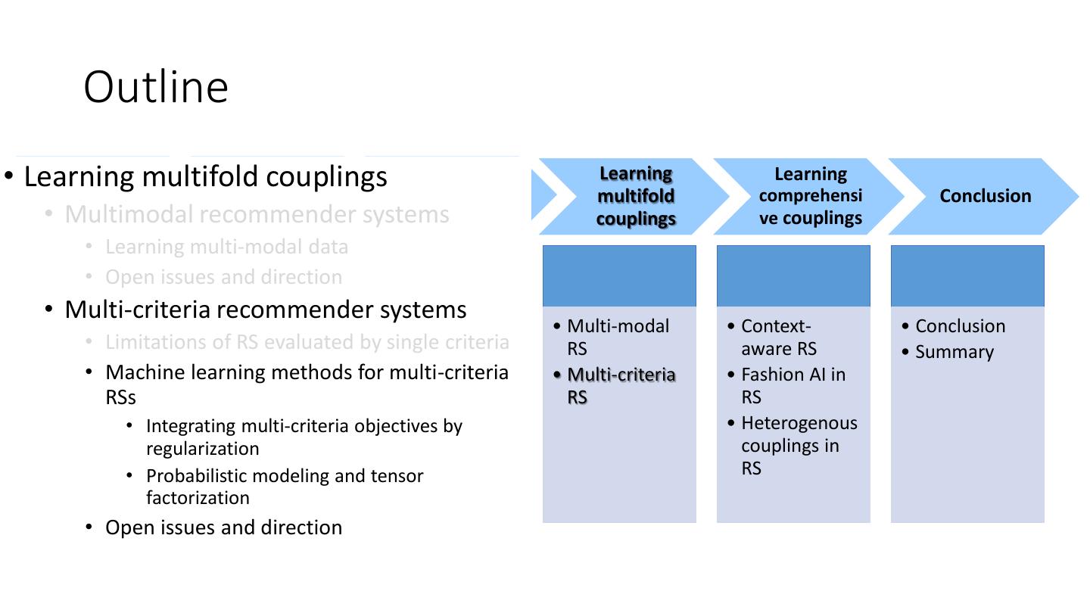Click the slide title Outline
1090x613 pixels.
pyautogui.click(x=156, y=86)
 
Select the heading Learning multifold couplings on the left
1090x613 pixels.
pyautogui.click(x=205, y=176)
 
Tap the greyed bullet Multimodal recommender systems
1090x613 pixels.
pyautogui.click(x=257, y=214)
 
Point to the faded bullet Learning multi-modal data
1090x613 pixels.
pyautogui.click(x=226, y=247)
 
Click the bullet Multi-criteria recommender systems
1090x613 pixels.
pyautogui.click(x=265, y=310)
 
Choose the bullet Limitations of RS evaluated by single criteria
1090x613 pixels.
pyautogui.click(x=307, y=342)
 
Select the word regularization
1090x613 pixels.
pyautogui.click(x=202, y=449)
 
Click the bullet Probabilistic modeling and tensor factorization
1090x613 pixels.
pyautogui.click(x=284, y=487)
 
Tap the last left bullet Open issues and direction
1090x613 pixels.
pyautogui.click(x=223, y=527)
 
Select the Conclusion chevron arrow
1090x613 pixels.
pyautogui.click(x=985, y=196)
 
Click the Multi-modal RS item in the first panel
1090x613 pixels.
pyautogui.click(x=618, y=338)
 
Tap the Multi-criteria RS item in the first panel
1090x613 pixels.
pyautogui.click(x=621, y=386)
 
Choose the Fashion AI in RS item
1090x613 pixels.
pyautogui.click(x=793, y=386)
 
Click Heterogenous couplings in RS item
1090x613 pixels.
pyautogui.click(x=799, y=446)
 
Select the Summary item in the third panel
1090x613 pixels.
pyautogui.click(x=954, y=352)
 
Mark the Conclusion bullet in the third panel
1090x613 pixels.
pyautogui.click(x=960, y=326)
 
